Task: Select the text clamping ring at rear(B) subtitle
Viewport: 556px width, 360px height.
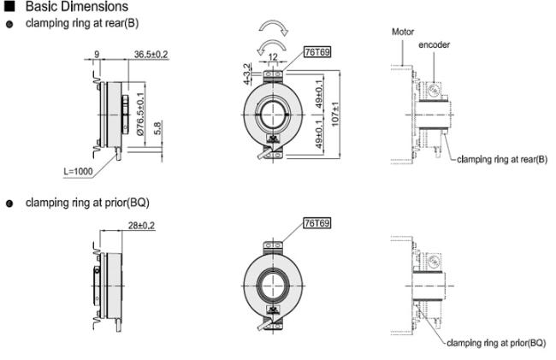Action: [x=82, y=23]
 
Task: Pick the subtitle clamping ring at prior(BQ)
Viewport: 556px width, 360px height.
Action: [x=87, y=203]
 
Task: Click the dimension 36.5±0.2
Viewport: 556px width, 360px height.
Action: [x=151, y=55]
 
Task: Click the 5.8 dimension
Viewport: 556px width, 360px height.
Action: [x=157, y=129]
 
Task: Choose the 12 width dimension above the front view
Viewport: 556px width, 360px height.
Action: [x=273, y=58]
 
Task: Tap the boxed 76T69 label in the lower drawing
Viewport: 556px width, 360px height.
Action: [x=318, y=223]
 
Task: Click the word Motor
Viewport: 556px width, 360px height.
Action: [x=403, y=32]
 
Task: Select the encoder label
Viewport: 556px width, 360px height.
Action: [x=434, y=44]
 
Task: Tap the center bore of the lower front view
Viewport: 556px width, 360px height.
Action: [x=276, y=283]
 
